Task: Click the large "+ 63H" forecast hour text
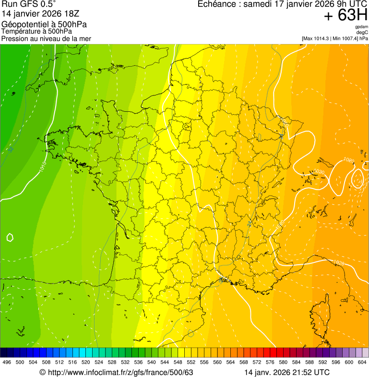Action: click(x=346, y=15)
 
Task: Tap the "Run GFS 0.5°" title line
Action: click(x=29, y=5)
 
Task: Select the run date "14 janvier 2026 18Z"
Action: click(x=36, y=14)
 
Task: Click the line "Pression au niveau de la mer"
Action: click(x=46, y=38)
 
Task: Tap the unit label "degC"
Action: click(x=362, y=32)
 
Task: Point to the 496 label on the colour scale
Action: click(x=7, y=363)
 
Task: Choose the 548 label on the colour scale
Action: click(x=178, y=363)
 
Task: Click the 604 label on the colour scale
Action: click(x=362, y=363)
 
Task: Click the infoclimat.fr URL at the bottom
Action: click(x=120, y=372)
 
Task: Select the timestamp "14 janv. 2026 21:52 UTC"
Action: click(x=287, y=372)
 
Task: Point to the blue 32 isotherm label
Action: click(x=10, y=150)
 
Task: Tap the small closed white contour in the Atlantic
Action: click(x=10, y=237)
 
